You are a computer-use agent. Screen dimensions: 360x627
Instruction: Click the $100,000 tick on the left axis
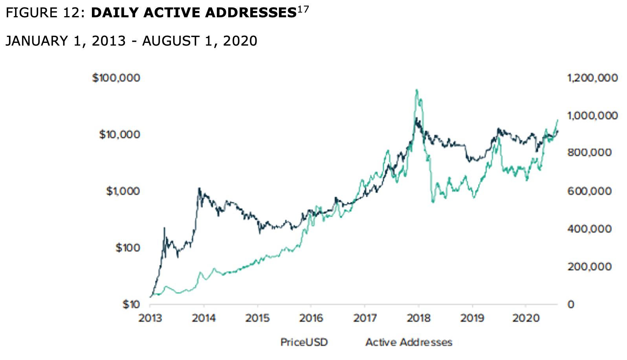pyautogui.click(x=116, y=78)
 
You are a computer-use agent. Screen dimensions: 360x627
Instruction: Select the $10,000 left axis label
pyautogui.click(x=119, y=134)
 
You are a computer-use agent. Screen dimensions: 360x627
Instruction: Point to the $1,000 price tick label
pyautogui.click(x=123, y=191)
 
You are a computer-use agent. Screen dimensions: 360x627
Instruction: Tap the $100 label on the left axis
pyautogui.click(x=127, y=248)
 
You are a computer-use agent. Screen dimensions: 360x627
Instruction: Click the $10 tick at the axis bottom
pyautogui.click(x=131, y=304)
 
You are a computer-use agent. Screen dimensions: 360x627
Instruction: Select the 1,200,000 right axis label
pyautogui.click(x=592, y=78)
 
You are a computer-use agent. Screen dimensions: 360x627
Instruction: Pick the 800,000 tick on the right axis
pyautogui.click(x=589, y=152)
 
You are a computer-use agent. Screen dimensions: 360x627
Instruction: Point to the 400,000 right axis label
pyautogui.click(x=589, y=229)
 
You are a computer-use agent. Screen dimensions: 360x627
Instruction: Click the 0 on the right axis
pyautogui.click(x=570, y=304)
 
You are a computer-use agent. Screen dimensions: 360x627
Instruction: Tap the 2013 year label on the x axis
pyautogui.click(x=150, y=318)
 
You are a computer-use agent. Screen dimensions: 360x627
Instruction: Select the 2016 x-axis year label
pyautogui.click(x=311, y=318)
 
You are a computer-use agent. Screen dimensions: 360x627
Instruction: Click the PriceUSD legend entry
pyautogui.click(x=304, y=342)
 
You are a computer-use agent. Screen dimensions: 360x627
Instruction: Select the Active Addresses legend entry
pyautogui.click(x=409, y=342)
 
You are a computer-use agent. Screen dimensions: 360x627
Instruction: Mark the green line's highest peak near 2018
pyautogui.click(x=416, y=90)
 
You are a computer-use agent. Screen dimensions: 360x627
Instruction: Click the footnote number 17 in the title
pyautogui.click(x=303, y=9)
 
